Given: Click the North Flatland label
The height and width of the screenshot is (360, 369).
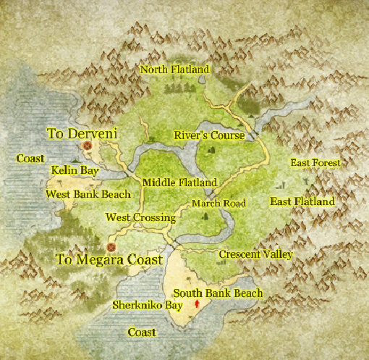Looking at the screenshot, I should [174, 70].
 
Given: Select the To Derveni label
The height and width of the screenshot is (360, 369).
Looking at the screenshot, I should [82, 133].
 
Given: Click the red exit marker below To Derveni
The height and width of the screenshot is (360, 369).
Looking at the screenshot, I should [87, 145].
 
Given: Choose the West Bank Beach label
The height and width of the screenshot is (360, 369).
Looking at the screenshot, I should [88, 194].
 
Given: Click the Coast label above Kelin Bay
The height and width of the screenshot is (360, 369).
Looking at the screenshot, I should [31, 158].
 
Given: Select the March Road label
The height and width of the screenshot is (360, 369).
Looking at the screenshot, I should [219, 204].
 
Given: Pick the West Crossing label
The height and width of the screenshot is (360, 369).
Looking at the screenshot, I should [140, 217].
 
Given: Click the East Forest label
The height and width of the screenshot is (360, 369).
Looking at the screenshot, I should [315, 163].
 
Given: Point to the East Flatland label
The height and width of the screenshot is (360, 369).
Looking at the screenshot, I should [302, 201].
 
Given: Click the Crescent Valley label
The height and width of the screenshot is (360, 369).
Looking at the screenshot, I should [255, 254].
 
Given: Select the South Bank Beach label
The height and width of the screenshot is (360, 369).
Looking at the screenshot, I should [218, 293].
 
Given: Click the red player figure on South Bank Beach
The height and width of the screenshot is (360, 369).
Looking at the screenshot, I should [196, 306].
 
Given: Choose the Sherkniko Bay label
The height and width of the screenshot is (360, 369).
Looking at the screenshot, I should [147, 306].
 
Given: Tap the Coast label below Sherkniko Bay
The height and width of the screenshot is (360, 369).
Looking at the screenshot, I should [141, 332].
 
